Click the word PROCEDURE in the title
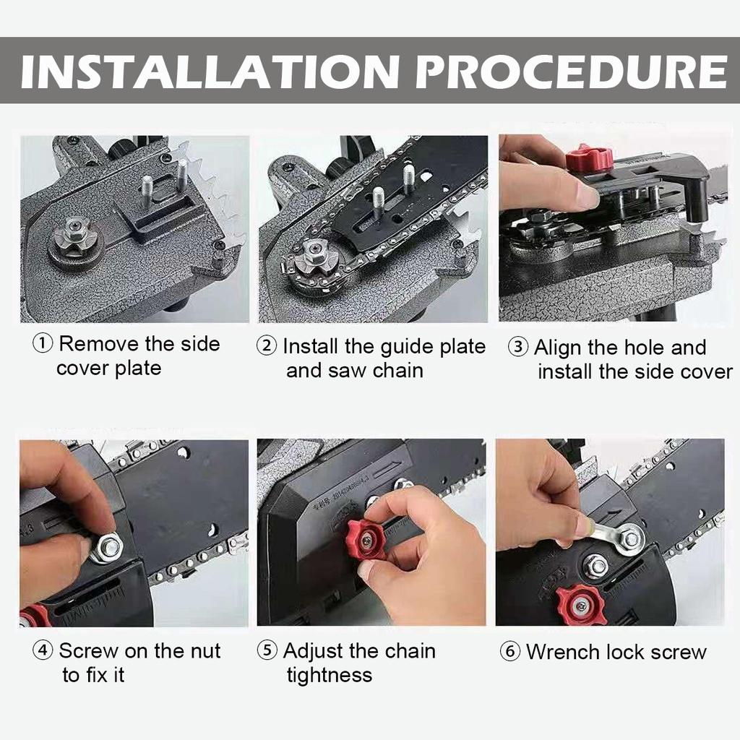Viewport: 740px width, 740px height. click(571, 70)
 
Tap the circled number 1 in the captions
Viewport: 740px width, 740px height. click(43, 344)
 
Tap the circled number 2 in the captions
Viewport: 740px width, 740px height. click(267, 346)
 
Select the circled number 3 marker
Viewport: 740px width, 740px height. click(518, 348)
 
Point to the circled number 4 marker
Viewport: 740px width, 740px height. click(43, 651)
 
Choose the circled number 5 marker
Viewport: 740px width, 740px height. click(267, 651)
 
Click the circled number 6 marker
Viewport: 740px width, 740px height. click(510, 652)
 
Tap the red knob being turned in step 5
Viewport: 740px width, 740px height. click(366, 539)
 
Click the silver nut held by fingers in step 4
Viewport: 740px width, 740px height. click(108, 547)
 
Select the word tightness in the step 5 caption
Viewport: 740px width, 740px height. click(330, 675)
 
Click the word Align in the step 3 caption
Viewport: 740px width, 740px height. click(558, 348)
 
